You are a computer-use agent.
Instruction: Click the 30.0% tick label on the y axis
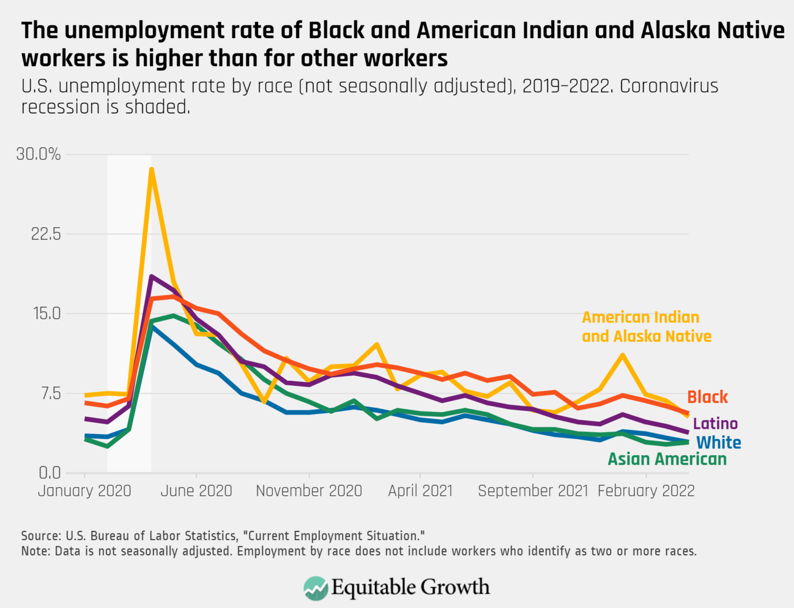pyautogui.click(x=38, y=154)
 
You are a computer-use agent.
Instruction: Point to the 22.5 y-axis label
pyautogui.click(x=46, y=234)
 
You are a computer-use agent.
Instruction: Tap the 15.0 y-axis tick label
pyautogui.click(x=46, y=314)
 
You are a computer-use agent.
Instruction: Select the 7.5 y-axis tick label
pyautogui.click(x=50, y=393)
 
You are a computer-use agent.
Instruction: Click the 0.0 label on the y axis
pyautogui.click(x=50, y=472)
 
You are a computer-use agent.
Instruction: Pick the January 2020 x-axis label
pyautogui.click(x=84, y=491)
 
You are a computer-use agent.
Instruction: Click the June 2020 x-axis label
pyautogui.click(x=196, y=491)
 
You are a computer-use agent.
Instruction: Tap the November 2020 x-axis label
pyautogui.click(x=309, y=491)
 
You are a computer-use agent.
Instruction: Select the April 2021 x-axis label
pyautogui.click(x=420, y=491)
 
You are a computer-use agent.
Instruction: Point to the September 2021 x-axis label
pyautogui.click(x=533, y=491)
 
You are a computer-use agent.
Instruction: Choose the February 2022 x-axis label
pyautogui.click(x=646, y=491)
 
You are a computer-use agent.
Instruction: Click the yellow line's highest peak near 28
pyautogui.click(x=151, y=169)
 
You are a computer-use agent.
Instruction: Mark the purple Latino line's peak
pyautogui.click(x=151, y=276)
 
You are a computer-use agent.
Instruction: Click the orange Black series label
pyautogui.click(x=707, y=397)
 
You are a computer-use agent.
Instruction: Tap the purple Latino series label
pyautogui.click(x=715, y=424)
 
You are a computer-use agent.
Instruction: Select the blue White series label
pyautogui.click(x=719, y=443)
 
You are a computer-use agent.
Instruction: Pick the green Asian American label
pyautogui.click(x=667, y=459)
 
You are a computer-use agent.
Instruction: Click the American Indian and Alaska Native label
pyautogui.click(x=646, y=327)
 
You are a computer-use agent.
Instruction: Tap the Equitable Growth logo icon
pyautogui.click(x=316, y=588)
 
